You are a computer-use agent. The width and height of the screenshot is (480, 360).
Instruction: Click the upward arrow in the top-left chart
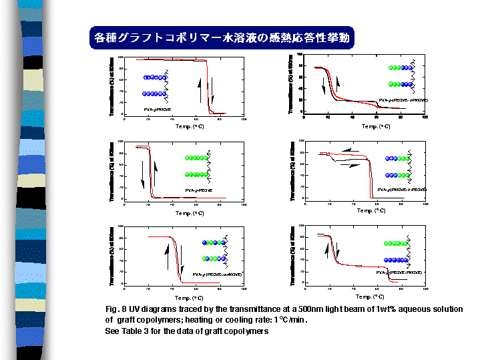199,89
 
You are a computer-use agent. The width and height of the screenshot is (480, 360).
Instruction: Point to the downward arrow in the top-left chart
212,89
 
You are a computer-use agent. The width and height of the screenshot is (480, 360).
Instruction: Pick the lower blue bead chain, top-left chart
155,94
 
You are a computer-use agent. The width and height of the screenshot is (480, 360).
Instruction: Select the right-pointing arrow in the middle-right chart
350,164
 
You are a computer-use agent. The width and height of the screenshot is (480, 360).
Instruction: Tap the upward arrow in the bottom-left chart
168,256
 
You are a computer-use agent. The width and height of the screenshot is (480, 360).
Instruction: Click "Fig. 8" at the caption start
117,309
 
